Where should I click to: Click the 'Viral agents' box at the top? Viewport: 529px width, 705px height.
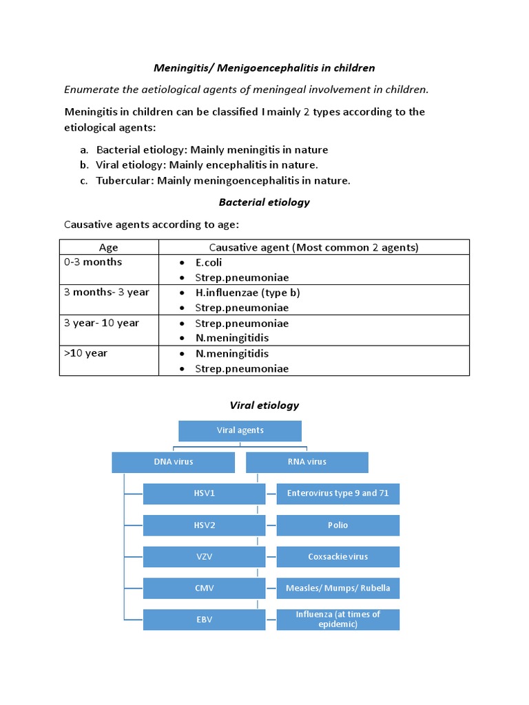240,431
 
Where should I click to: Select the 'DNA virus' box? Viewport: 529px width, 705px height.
173,463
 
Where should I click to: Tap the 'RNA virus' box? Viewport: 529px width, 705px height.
307,463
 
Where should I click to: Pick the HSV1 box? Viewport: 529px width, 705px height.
204,494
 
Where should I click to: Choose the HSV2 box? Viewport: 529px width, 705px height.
204,525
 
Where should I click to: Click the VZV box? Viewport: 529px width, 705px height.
204,556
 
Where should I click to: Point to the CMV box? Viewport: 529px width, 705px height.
204,588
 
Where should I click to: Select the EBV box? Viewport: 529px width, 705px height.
204,620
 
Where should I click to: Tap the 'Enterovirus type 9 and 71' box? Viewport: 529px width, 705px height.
338,494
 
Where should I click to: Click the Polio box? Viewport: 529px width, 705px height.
338,525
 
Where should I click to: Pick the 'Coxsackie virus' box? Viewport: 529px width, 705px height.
338,556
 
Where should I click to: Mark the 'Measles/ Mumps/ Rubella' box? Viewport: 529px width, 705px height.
338,588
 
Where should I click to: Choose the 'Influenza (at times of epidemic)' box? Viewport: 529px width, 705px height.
338,620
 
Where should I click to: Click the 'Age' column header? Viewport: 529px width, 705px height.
109,247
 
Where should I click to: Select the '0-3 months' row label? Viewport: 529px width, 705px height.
93,262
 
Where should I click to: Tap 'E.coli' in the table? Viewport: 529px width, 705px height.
209,262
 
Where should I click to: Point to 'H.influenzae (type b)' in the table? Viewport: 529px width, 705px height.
238,293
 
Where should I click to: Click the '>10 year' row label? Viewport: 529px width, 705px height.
86,353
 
